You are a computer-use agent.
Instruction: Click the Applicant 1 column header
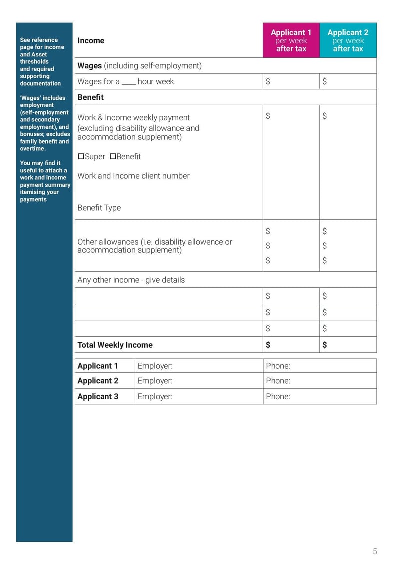click(x=291, y=40)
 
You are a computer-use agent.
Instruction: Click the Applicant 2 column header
click(x=348, y=40)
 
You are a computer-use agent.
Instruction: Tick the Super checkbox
click(x=81, y=157)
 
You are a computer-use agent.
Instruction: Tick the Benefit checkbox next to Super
click(x=113, y=157)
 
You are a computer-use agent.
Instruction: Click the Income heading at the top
click(x=91, y=41)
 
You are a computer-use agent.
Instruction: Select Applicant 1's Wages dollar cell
click(x=291, y=81)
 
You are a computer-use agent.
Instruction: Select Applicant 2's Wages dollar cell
click(x=348, y=81)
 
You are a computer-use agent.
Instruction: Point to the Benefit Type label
click(x=99, y=208)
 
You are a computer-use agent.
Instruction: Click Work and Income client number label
click(x=133, y=176)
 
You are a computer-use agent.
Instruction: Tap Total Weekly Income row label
click(x=115, y=345)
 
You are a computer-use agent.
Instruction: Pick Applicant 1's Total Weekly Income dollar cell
click(x=291, y=345)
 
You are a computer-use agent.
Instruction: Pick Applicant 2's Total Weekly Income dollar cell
click(x=348, y=345)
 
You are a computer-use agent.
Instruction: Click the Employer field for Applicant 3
click(x=199, y=396)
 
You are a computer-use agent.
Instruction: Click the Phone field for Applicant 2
click(x=320, y=381)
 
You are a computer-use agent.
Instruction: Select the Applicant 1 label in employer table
click(x=98, y=366)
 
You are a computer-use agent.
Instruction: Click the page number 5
click(x=375, y=552)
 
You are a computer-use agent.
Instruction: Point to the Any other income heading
click(x=131, y=280)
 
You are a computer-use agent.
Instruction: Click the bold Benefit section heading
click(x=90, y=97)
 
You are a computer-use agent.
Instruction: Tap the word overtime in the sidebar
click(x=33, y=149)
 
